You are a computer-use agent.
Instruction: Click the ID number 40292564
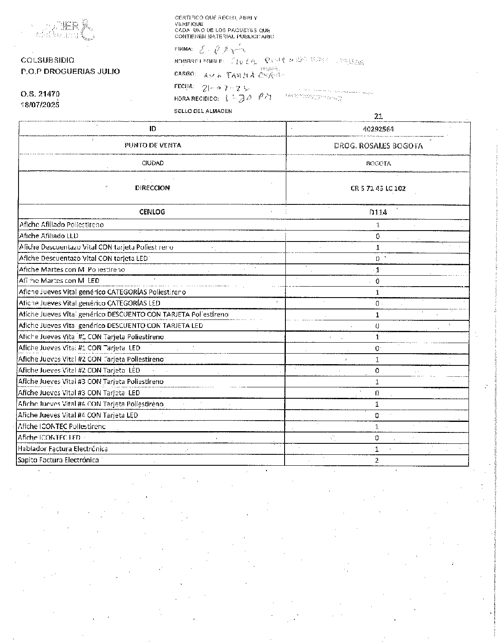pos(378,129)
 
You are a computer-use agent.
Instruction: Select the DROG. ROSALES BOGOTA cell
pos(378,146)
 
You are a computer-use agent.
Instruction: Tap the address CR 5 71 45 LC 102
pos(378,188)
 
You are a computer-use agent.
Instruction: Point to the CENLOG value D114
pos(378,212)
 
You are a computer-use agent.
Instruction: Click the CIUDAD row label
pos(152,163)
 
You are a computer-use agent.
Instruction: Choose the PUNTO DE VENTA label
pos(152,145)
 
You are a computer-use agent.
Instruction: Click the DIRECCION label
pos(152,188)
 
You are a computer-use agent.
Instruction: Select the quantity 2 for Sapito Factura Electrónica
pos(377,460)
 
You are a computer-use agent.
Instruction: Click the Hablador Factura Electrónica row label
pos(63,449)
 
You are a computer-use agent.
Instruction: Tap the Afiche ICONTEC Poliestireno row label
pos(62,427)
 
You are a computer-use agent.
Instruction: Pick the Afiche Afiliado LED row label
pos(49,236)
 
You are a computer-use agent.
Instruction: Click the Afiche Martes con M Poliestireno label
pos(72,270)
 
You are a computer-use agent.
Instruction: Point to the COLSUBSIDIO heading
pos(47,60)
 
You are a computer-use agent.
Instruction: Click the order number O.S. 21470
pos(40,94)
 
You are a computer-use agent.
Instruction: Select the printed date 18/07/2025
pos(40,105)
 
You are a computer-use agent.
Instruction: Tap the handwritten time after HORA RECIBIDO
pos(248,98)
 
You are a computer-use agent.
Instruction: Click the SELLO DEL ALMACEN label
pos(203,111)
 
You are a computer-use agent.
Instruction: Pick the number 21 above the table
pos(378,116)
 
